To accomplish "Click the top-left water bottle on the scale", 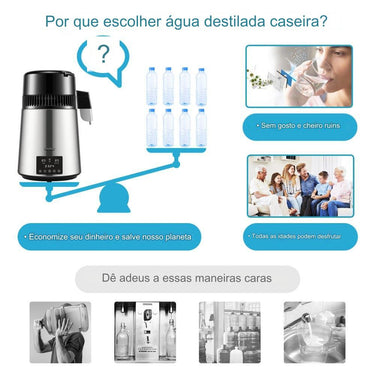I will [x=152, y=85].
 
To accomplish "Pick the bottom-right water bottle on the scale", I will [x=201, y=126].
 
